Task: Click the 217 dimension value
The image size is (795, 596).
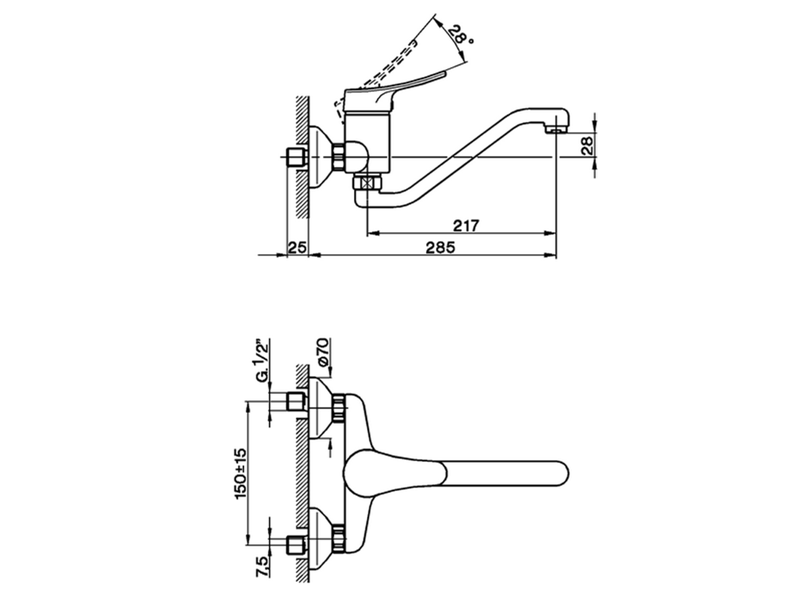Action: click(x=466, y=225)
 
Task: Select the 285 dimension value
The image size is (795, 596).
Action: click(x=440, y=247)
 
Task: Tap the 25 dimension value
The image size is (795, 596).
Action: click(x=298, y=247)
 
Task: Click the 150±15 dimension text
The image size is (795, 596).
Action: click(x=241, y=473)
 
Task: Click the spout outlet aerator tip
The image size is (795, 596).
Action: click(x=556, y=130)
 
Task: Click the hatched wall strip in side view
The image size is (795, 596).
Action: click(x=302, y=155)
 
